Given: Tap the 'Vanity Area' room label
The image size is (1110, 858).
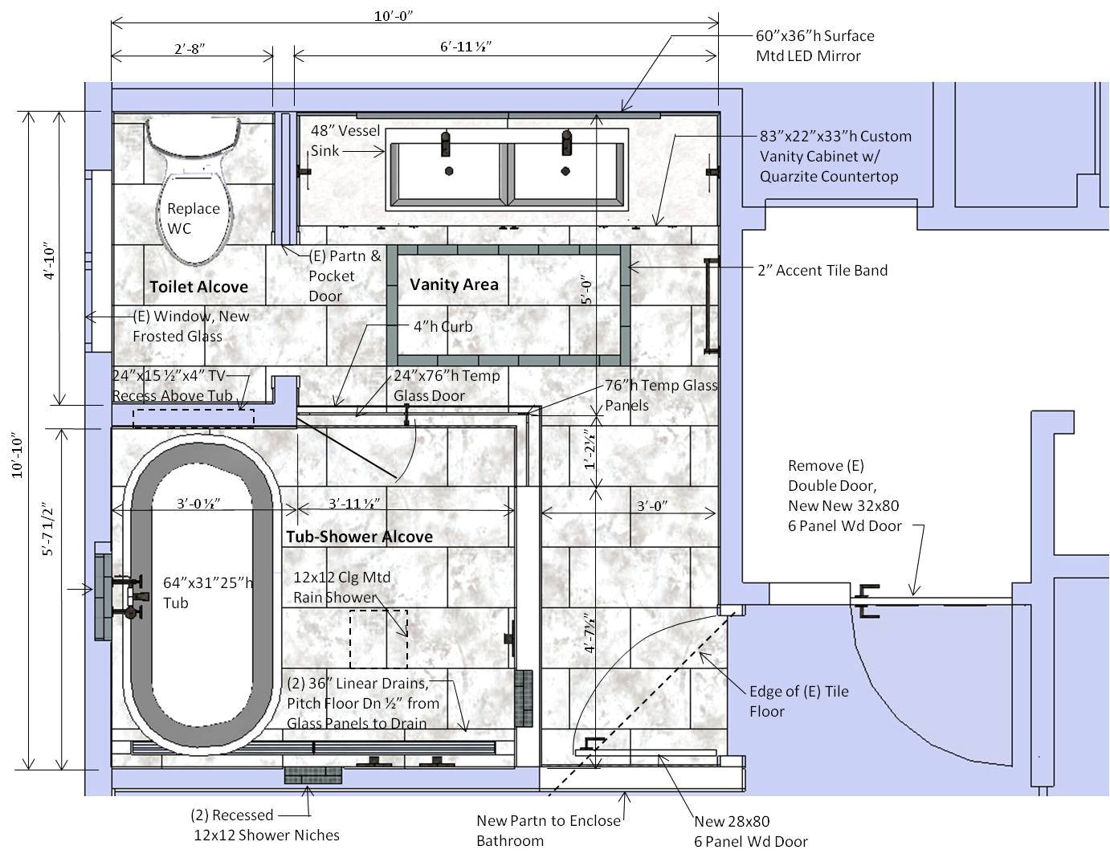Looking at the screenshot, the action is [x=454, y=284].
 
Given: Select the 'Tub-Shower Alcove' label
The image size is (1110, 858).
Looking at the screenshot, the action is [x=359, y=537].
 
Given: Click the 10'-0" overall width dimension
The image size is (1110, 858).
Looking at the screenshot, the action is [x=394, y=16].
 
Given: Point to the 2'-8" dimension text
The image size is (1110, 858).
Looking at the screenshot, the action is [x=190, y=48].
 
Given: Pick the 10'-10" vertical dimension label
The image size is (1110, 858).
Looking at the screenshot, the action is [x=18, y=457].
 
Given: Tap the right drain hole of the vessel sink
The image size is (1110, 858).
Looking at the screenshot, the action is [x=565, y=171].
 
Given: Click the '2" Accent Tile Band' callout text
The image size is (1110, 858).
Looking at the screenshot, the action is [x=822, y=270].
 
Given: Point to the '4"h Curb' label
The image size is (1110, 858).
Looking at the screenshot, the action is [x=443, y=326].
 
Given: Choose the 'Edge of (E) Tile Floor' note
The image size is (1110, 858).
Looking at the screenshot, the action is [x=799, y=701].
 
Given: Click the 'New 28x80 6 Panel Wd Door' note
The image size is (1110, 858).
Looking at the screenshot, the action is [x=751, y=831].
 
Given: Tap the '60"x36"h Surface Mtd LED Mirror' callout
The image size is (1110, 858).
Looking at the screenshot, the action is [x=815, y=46].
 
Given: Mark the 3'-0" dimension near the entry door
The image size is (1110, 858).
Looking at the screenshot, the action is [x=652, y=505].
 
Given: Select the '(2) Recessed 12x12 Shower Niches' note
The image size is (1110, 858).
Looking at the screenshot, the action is [x=264, y=825].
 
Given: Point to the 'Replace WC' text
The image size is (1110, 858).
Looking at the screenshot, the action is [x=193, y=219].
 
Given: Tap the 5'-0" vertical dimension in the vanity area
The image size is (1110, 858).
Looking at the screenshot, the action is [x=587, y=292].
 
